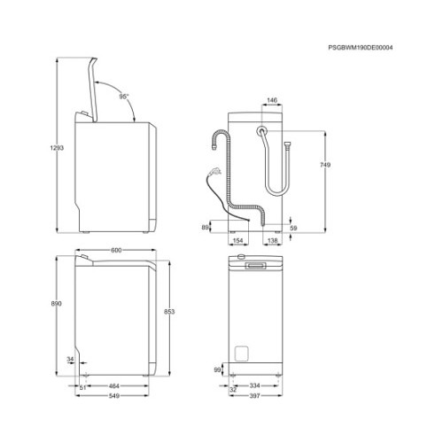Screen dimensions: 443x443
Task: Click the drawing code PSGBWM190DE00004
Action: tap(361, 48)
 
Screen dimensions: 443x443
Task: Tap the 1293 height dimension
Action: tap(57, 148)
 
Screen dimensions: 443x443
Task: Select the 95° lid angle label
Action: tap(124, 97)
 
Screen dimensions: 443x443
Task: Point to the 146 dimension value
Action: tap(272, 100)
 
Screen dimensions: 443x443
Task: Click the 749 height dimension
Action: tap(325, 165)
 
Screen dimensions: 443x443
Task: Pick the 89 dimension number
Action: tap(205, 228)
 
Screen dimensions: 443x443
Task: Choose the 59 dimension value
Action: tap(293, 228)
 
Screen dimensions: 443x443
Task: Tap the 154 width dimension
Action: tap(237, 241)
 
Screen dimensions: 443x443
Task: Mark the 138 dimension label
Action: tap(272, 241)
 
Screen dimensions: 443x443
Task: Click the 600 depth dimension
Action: tap(116, 250)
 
